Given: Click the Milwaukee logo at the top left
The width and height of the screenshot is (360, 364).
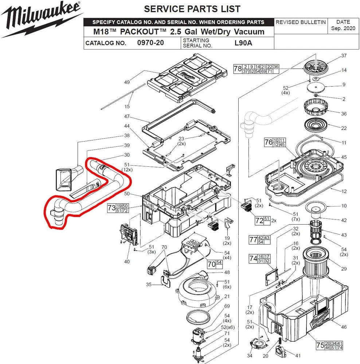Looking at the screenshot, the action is pyautogui.click(x=42, y=19).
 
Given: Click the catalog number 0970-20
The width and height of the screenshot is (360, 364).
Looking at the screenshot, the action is pyautogui.click(x=150, y=43).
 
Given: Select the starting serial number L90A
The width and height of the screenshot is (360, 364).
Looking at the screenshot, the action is pyautogui.click(x=243, y=43).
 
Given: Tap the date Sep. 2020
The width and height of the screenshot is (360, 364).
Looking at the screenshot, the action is pyautogui.click(x=343, y=28).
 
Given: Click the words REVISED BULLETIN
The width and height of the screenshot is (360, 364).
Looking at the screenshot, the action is pyautogui.click(x=301, y=22).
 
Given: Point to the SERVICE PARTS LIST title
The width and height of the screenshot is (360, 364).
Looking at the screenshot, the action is pyautogui.click(x=192, y=9).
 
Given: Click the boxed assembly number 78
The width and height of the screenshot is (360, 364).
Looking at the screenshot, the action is pyautogui.click(x=238, y=69).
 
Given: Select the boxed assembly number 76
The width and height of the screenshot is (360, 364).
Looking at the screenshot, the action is pyautogui.click(x=269, y=142).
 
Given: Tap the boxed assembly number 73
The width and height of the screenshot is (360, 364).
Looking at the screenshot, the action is pyautogui.click(x=111, y=208).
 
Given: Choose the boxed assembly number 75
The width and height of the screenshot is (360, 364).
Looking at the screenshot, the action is pyautogui.click(x=320, y=345).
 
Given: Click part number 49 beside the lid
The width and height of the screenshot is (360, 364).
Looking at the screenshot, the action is pyautogui.click(x=127, y=82).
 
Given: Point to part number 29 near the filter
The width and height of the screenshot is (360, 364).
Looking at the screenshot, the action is pyautogui.click(x=344, y=269).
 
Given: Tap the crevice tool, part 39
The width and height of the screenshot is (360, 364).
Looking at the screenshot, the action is pyautogui.click(x=86, y=189).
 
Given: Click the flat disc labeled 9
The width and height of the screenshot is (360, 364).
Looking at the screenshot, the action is pyautogui.click(x=316, y=87).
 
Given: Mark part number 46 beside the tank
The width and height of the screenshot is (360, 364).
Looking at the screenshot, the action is pyautogui.click(x=344, y=327).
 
